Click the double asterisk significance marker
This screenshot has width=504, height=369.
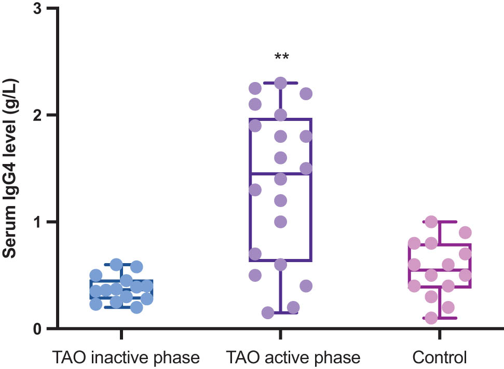pos(281,56)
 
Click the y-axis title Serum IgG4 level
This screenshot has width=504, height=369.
pos(11,169)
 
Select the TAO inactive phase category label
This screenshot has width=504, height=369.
pos(125,358)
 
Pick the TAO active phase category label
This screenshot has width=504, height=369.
pos(293,358)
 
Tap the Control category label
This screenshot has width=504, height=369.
pos(440,358)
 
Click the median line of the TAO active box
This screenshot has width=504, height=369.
pos(281,174)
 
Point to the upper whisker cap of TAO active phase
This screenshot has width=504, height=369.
pos(281,83)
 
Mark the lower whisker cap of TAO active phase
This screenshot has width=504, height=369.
pos(281,313)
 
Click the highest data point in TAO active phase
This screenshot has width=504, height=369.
pos(281,83)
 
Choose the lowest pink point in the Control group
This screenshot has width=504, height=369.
pos(431,318)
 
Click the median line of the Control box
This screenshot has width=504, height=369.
pos(440,269)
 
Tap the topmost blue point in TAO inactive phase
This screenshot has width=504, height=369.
pos(116,264)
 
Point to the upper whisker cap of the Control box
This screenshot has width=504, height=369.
pos(440,222)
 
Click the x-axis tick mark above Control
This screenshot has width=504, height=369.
pos(440,334)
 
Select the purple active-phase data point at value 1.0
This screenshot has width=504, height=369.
pos(281,222)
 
